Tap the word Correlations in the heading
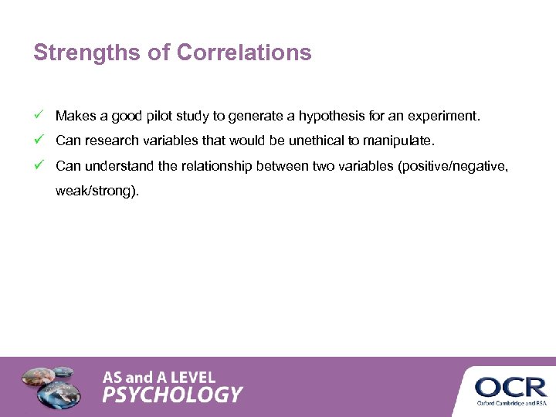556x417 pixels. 244,53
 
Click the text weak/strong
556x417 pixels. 97,191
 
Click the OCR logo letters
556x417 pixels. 510,386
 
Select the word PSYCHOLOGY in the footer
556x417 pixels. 173,395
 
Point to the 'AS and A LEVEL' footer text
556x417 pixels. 159,378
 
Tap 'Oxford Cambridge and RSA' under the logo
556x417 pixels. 510,402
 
